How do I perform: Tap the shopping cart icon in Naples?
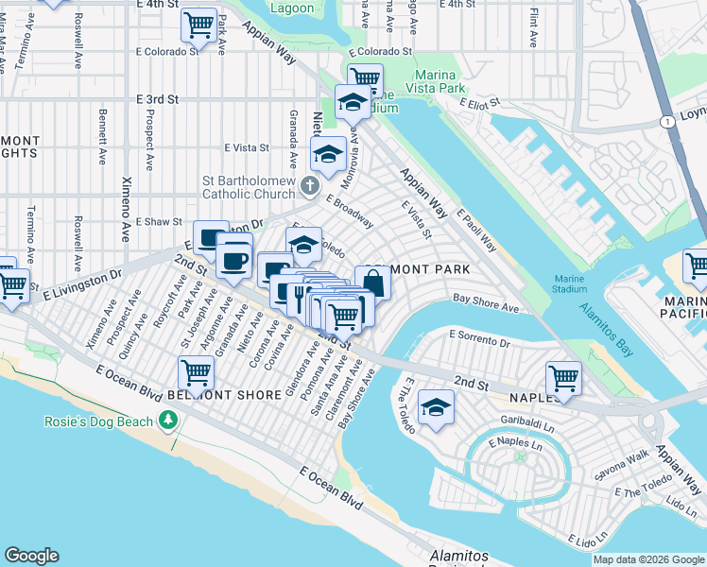tap(563, 378)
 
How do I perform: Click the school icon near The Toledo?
tap(436, 407)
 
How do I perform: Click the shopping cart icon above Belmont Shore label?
tap(195, 371)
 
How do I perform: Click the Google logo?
tap(30, 556)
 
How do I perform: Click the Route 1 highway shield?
tap(667, 121)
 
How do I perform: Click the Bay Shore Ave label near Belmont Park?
tap(485, 306)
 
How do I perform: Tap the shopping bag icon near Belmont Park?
tap(373, 283)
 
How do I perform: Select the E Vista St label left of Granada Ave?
tap(247, 147)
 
